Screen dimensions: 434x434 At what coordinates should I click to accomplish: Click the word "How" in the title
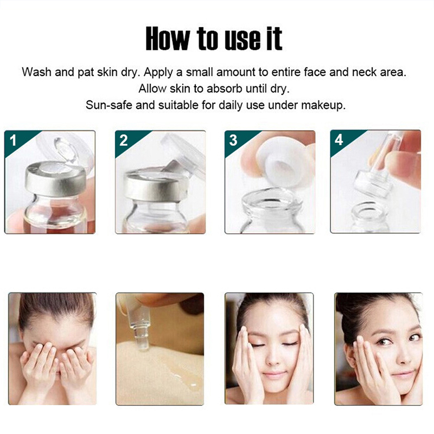[x=168, y=39]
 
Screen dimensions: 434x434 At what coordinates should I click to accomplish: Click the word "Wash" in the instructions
[x=36, y=72]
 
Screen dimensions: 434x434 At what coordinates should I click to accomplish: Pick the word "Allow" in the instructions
[x=152, y=88]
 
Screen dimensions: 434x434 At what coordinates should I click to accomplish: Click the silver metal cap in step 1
[x=55, y=178]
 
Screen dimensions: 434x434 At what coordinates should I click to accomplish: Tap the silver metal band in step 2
[x=152, y=186]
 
